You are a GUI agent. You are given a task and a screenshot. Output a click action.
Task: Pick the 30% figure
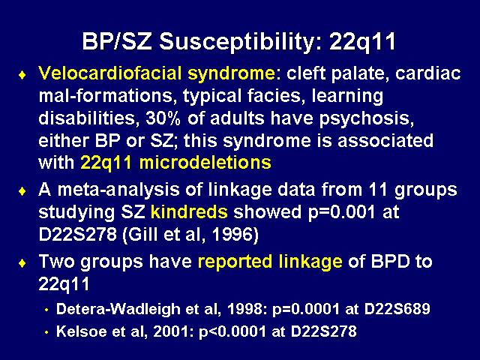click(163, 118)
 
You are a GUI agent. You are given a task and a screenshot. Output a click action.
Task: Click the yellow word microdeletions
click(205, 163)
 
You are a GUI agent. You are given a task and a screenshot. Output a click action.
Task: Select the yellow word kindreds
click(189, 211)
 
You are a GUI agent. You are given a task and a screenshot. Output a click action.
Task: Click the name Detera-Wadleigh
click(118, 310)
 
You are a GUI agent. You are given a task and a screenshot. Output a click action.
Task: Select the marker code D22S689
click(397, 309)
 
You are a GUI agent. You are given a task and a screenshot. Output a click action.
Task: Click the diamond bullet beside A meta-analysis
click(22, 192)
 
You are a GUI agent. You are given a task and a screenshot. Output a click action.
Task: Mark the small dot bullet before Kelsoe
click(46, 332)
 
